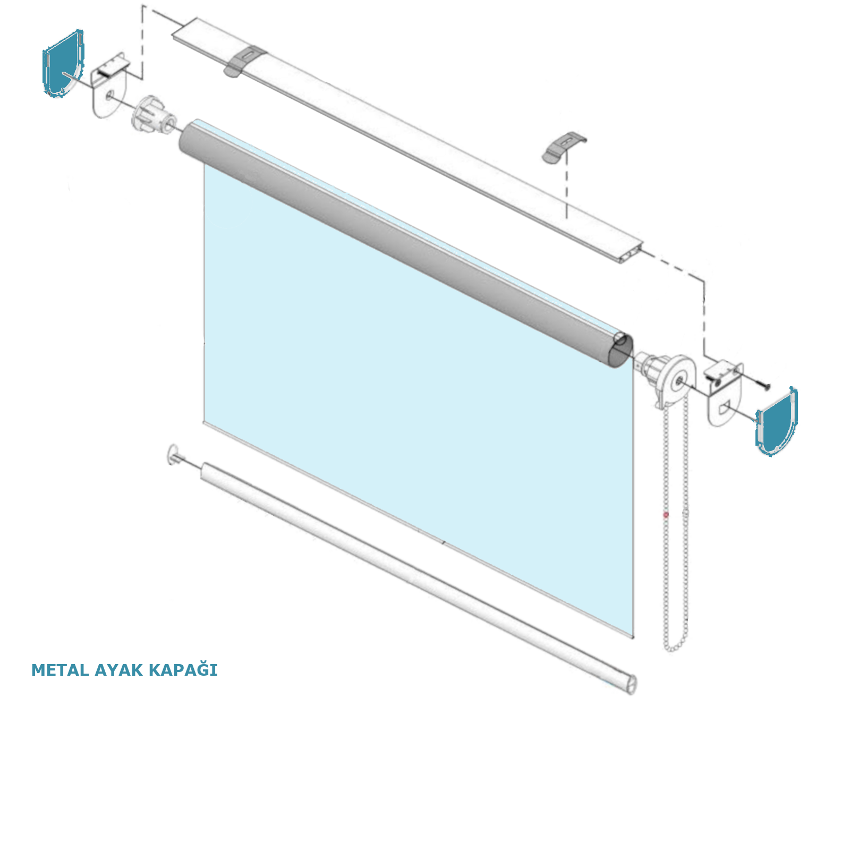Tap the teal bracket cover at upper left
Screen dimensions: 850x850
coord(63,64)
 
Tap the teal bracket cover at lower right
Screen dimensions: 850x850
coord(776,422)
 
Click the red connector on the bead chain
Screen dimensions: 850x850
coord(666,515)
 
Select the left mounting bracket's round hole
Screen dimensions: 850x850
coord(109,95)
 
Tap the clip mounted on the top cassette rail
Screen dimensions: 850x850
coord(245,61)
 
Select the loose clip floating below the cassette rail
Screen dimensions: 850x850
coord(564,147)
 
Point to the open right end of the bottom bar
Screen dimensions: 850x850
coord(631,684)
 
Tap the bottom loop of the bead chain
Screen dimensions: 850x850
coord(675,647)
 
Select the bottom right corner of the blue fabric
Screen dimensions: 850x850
coord(633,637)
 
